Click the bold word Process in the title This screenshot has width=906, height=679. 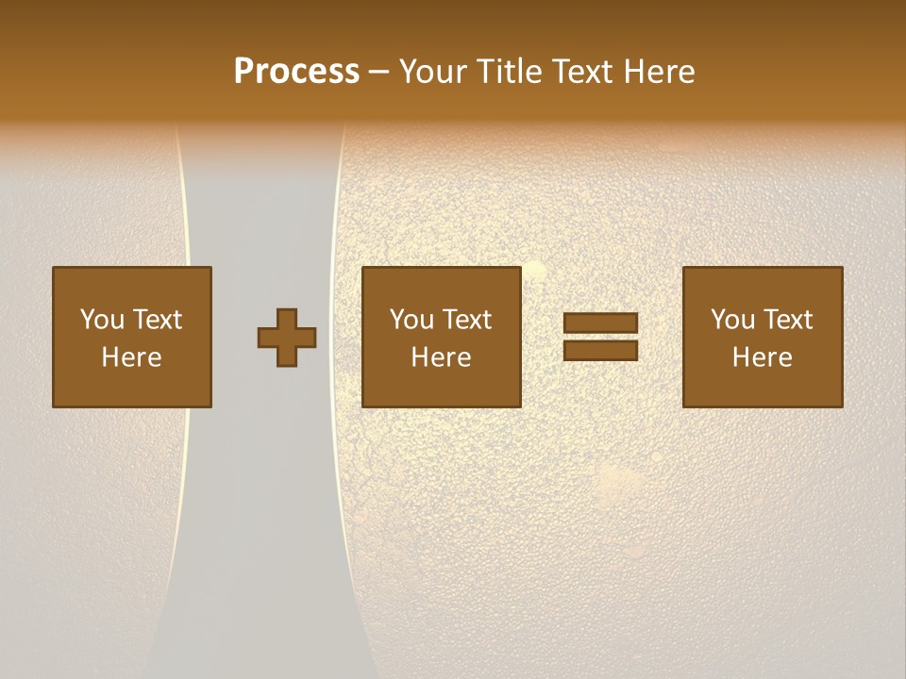(x=296, y=72)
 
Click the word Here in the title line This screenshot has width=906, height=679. (x=664, y=72)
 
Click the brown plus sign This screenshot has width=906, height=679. (x=287, y=338)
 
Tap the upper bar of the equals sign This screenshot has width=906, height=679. (x=600, y=323)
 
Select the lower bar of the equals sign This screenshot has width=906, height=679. (x=600, y=350)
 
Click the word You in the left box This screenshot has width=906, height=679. (x=102, y=320)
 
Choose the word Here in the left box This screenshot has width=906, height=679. (x=131, y=357)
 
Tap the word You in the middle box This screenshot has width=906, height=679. (x=411, y=320)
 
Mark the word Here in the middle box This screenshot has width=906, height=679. (x=441, y=357)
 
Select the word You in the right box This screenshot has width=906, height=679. (x=732, y=320)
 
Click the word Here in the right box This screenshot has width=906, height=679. (x=762, y=357)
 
